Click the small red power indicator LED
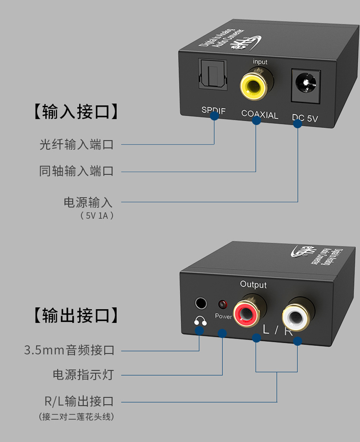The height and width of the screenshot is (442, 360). click(222, 304)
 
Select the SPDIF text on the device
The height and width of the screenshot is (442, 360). click(213, 110)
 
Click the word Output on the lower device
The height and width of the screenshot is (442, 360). click(253, 284)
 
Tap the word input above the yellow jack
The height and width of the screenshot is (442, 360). click(260, 62)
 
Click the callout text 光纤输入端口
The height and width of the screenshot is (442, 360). click(76, 144)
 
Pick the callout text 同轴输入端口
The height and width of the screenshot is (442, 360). click(76, 171)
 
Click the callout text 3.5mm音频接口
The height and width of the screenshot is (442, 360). click(69, 351)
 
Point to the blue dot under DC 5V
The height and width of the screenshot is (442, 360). click(297, 124)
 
